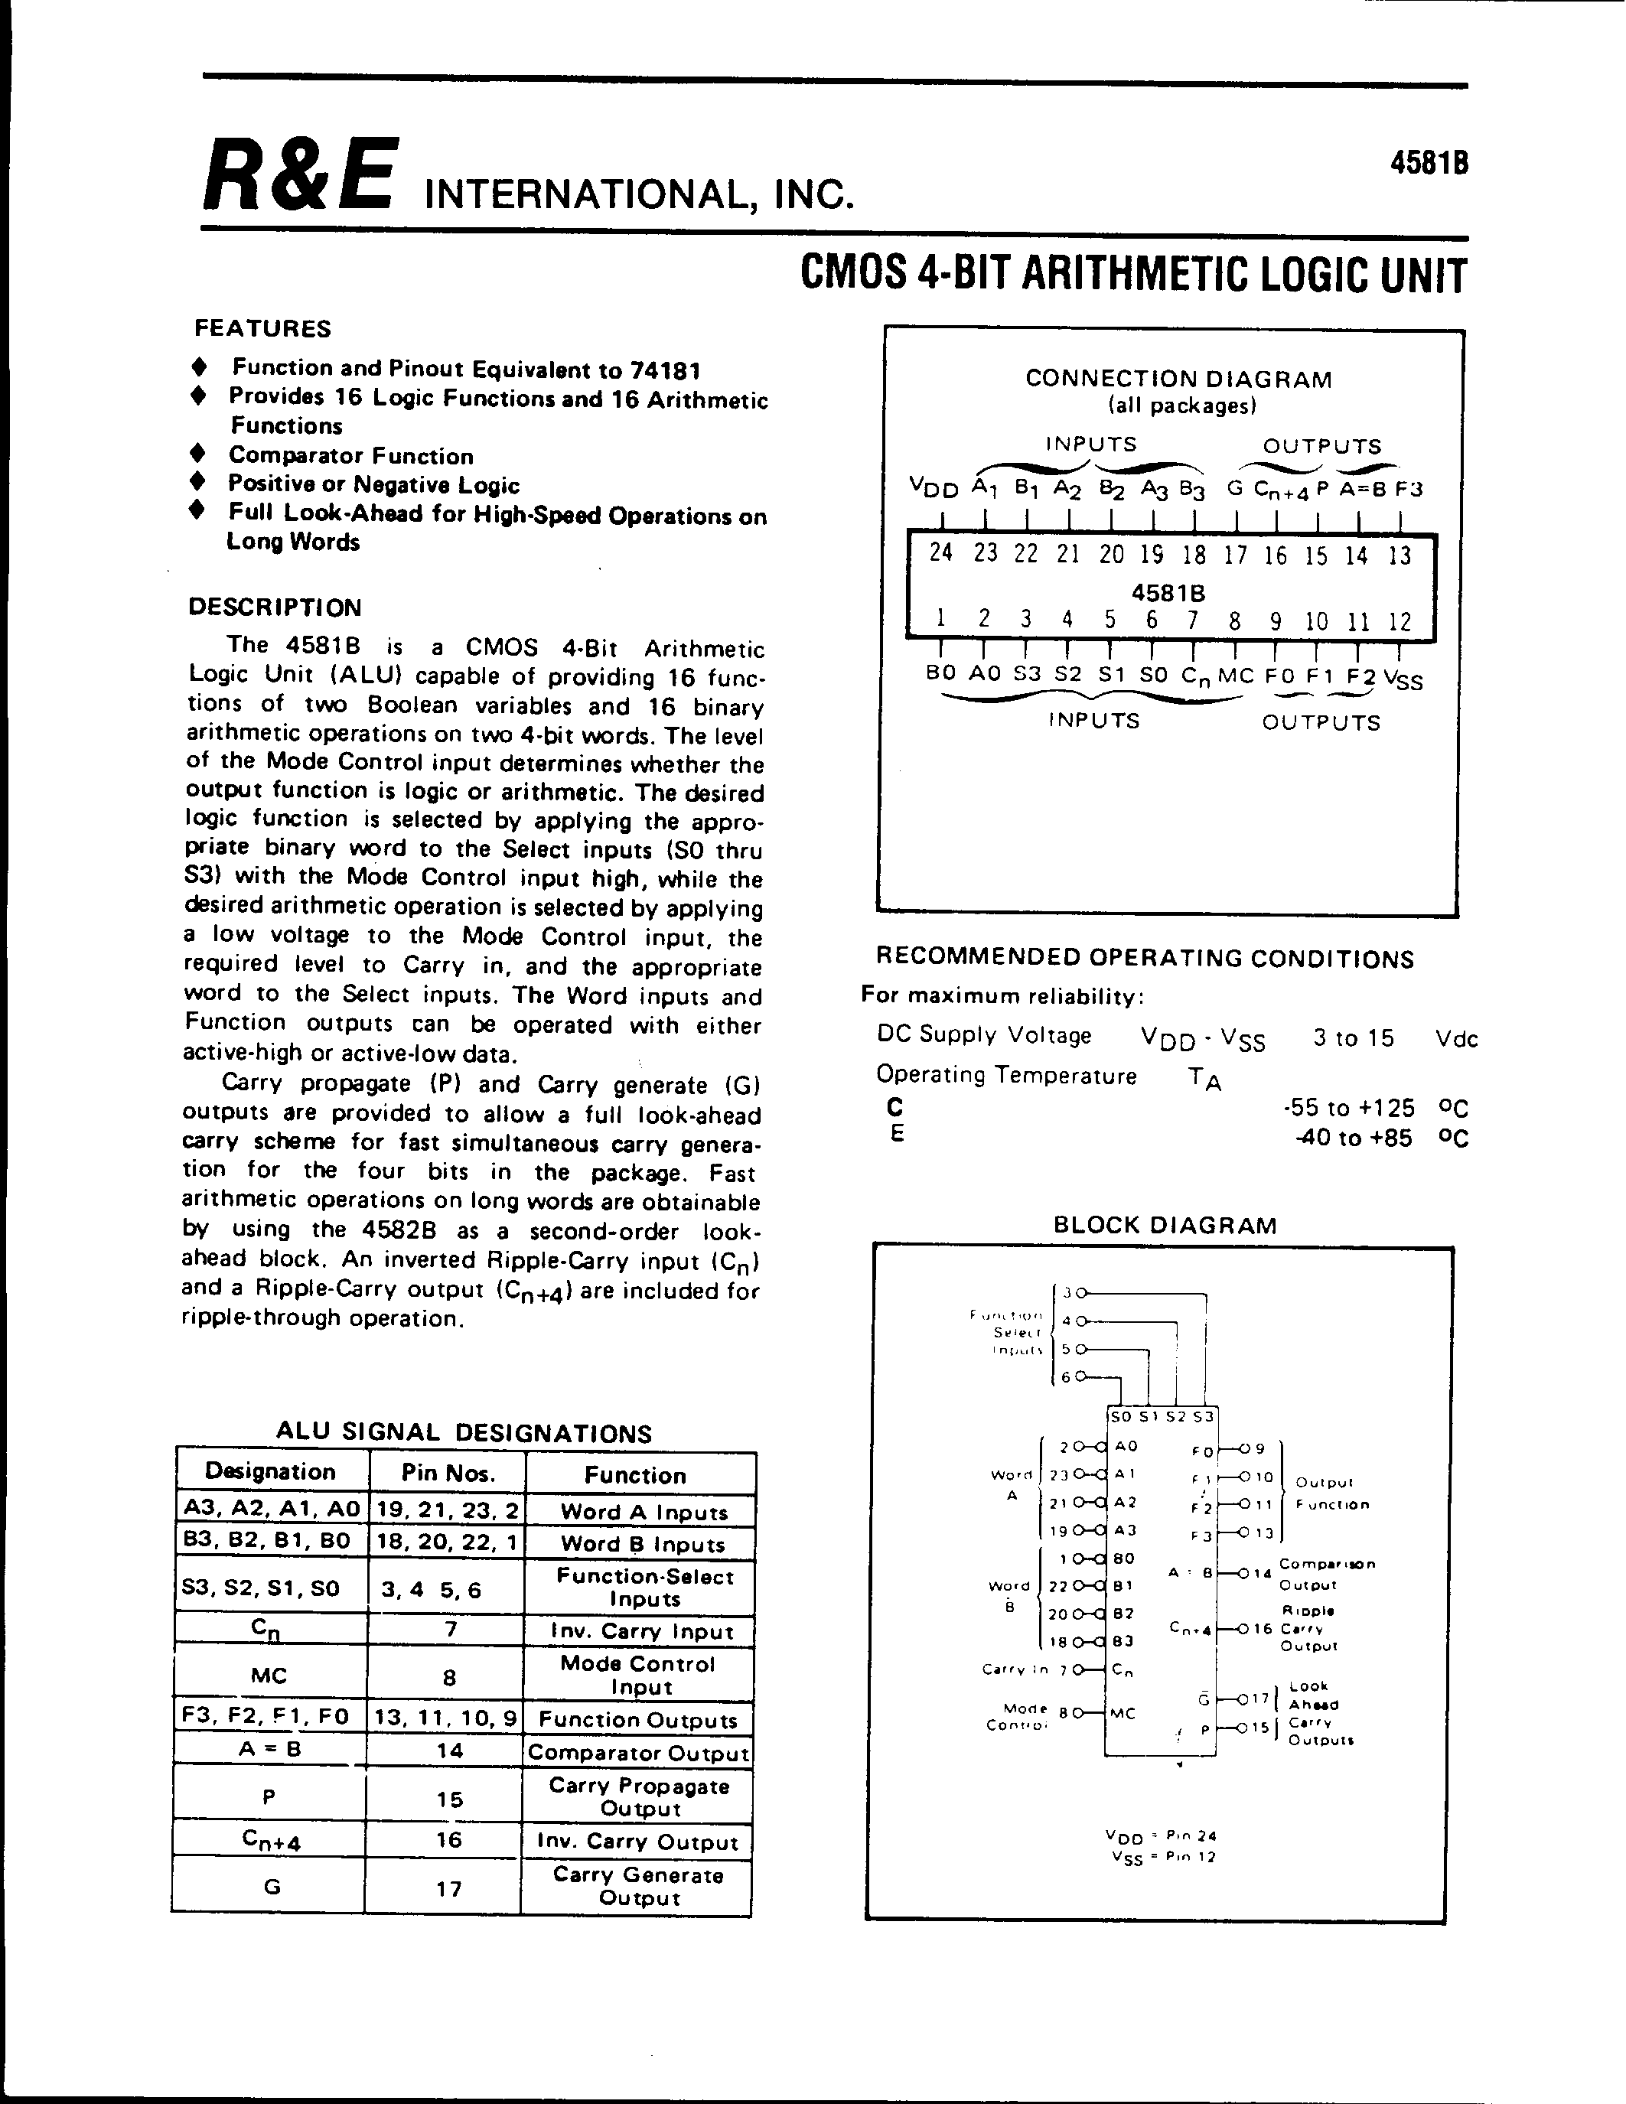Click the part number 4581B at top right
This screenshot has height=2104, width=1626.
pos(1429,164)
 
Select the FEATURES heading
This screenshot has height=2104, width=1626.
pos(262,328)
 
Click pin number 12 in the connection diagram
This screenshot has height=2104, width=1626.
pos(1400,621)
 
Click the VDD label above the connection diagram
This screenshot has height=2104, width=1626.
pos(934,488)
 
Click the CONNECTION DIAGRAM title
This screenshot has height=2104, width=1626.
pos(1178,379)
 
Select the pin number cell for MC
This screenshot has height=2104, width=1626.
pos(449,1677)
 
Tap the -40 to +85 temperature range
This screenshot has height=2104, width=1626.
pos(1354,1138)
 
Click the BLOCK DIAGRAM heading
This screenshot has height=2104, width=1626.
pos(1165,1226)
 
